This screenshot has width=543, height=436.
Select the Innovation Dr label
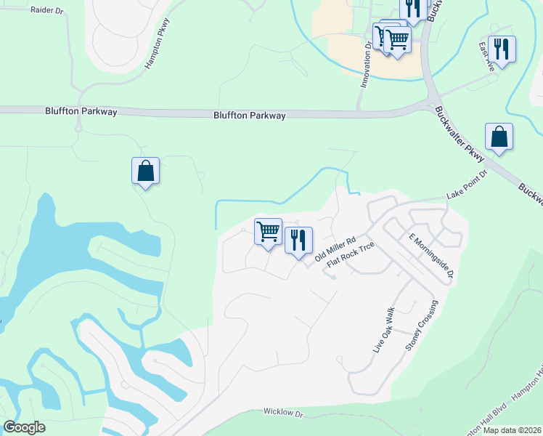pyautogui.click(x=367, y=64)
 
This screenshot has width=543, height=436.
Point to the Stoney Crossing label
pyautogui.click(x=422, y=326)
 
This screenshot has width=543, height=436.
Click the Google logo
pyautogui.click(x=24, y=427)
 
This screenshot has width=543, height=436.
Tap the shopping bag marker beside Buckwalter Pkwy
pyautogui.click(x=499, y=137)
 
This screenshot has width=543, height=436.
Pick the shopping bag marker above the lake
pyautogui.click(x=146, y=171)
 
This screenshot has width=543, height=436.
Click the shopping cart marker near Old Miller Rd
pyautogui.click(x=269, y=232)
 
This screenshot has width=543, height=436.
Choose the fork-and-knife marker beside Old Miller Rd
pyautogui.click(x=298, y=240)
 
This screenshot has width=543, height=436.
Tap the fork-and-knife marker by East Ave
pyautogui.click(x=502, y=49)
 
